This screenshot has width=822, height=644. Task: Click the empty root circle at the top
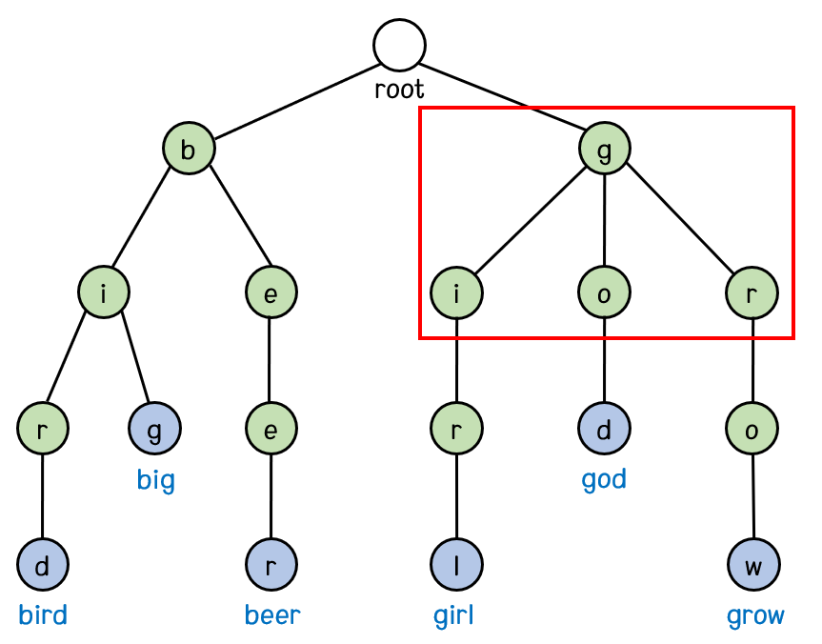(399, 44)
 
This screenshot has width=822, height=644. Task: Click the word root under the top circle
(399, 91)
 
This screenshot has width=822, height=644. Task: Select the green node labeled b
(188, 150)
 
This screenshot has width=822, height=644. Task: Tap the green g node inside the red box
(605, 150)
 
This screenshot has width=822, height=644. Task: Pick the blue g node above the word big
(154, 430)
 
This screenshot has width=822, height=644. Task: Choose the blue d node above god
(604, 430)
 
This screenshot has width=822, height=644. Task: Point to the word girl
(453, 615)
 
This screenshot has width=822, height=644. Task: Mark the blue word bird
(43, 615)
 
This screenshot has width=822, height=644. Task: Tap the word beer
(272, 615)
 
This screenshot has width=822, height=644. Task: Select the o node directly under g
(604, 292)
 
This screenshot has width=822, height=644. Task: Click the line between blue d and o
(604, 361)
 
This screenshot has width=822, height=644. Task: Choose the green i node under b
(104, 292)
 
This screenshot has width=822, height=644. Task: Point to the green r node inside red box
(752, 292)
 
